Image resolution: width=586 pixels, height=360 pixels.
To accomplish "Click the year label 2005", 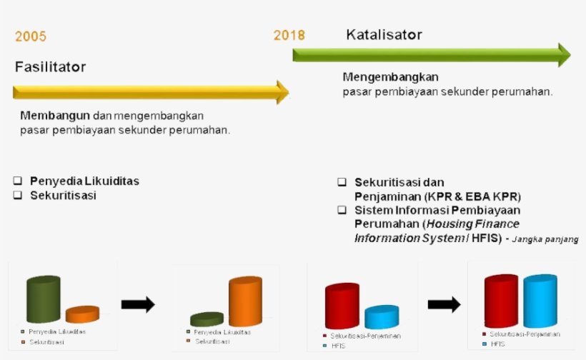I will tap(31, 37).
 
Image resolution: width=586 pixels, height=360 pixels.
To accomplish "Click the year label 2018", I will tap(289, 35).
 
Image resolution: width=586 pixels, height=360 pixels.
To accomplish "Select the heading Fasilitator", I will tap(50, 67).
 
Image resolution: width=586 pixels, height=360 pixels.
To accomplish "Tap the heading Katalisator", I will tap(384, 34).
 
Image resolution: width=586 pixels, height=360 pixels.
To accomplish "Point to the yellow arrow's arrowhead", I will tap(283, 92).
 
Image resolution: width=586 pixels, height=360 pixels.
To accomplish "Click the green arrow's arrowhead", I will tap(564, 55).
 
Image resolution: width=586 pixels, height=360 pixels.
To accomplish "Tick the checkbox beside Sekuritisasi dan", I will tap(342, 183).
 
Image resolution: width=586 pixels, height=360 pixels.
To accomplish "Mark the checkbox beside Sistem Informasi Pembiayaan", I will tap(342, 210).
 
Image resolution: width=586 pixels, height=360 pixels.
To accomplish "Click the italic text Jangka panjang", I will tap(545, 239).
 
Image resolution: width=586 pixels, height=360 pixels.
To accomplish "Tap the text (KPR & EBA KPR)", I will tap(472, 196).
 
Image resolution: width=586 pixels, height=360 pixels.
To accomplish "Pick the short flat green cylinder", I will tap(207, 319).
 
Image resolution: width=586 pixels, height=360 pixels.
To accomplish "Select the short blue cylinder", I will tap(382, 316).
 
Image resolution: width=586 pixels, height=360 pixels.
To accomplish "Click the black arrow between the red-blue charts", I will tap(444, 304).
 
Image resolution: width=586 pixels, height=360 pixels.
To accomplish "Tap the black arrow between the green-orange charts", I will tap(138, 304).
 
